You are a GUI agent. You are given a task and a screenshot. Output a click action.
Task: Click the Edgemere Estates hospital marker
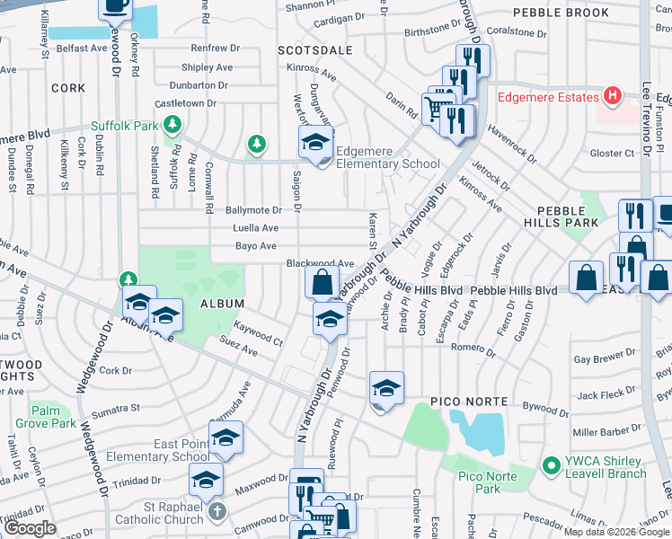(x=613, y=96)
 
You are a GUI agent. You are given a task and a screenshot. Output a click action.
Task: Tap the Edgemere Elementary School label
(x=388, y=164)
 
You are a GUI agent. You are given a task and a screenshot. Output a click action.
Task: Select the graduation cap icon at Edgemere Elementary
(x=315, y=142)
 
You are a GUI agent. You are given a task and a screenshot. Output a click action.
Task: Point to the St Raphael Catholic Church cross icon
(x=216, y=512)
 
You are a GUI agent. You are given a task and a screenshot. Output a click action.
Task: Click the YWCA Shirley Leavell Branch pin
(x=552, y=466)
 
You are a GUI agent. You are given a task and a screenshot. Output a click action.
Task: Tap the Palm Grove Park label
(x=52, y=417)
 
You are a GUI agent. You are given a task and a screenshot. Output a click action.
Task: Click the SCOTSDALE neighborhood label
(x=312, y=50)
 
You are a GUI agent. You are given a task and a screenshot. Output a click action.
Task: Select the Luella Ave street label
(x=256, y=228)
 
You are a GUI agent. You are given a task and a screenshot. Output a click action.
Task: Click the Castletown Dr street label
(x=186, y=103)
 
